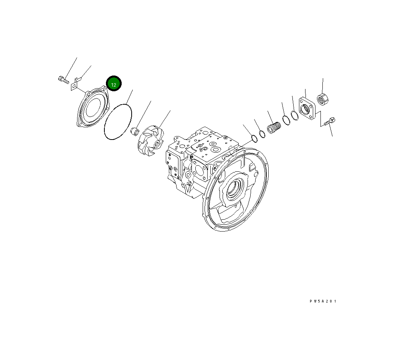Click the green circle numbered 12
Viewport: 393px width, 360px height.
point(114,83)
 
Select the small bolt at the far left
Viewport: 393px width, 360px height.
point(63,80)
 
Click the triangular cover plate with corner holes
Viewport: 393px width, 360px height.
point(93,107)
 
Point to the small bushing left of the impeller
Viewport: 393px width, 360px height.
point(135,131)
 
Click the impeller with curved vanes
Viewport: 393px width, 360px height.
point(151,141)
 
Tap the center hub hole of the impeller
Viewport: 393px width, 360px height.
point(158,144)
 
